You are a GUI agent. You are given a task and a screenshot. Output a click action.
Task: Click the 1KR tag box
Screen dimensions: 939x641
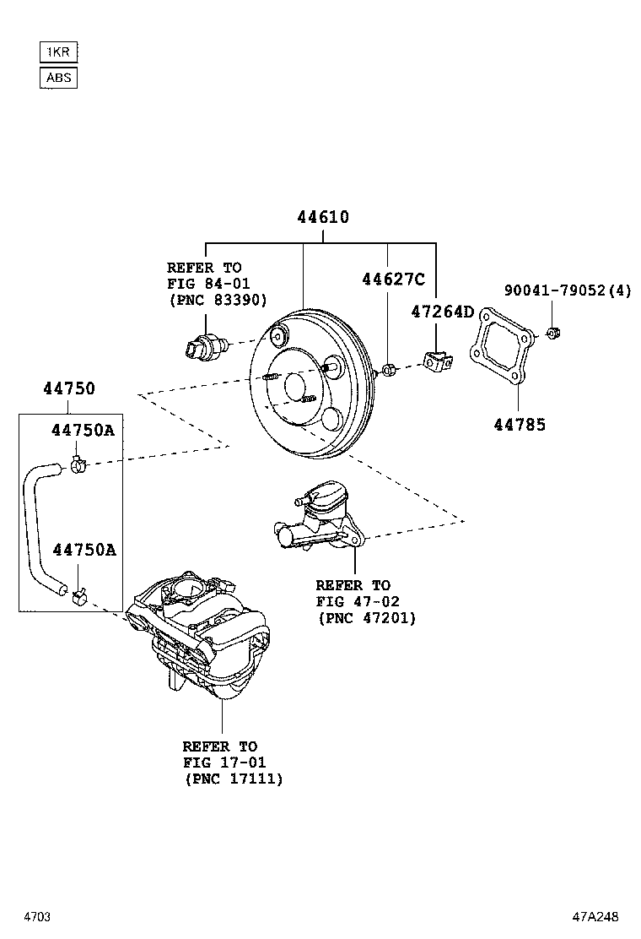[58, 52]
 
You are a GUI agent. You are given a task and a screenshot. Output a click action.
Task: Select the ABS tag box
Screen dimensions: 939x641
[58, 79]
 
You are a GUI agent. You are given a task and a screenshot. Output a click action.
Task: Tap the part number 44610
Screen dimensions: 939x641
[322, 218]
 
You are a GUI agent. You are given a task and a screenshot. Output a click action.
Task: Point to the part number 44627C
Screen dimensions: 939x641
[393, 280]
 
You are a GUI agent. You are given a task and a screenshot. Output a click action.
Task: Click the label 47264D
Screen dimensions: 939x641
[442, 312]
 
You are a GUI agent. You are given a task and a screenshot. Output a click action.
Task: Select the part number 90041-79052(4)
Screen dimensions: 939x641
[567, 290]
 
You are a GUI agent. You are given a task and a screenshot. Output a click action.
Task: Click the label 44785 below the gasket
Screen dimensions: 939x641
[520, 425]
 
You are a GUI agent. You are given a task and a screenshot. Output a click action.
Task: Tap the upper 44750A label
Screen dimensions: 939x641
[83, 430]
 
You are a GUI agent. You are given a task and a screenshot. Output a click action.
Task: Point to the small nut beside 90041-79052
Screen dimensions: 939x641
[552, 332]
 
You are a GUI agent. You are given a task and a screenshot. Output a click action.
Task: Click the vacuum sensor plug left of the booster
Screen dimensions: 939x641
[206, 345]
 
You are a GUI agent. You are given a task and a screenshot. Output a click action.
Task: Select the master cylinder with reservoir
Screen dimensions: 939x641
[318, 517]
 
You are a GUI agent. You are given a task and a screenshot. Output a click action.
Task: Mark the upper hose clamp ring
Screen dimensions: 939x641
[79, 464]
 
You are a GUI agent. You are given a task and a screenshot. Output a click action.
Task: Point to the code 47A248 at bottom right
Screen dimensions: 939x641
[595, 916]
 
